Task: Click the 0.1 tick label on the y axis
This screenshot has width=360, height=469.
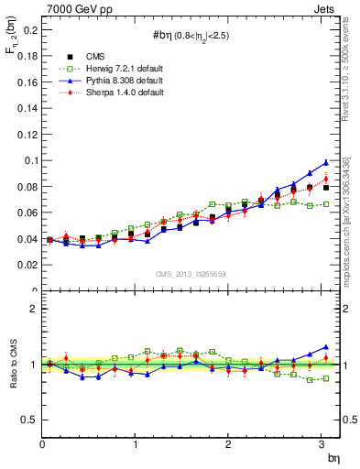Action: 31,160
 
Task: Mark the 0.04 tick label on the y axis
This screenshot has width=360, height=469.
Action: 27,239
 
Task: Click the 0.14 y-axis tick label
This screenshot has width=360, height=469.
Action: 27,108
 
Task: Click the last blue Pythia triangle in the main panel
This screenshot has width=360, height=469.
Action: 325,163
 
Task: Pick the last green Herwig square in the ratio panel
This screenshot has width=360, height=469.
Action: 325,378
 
